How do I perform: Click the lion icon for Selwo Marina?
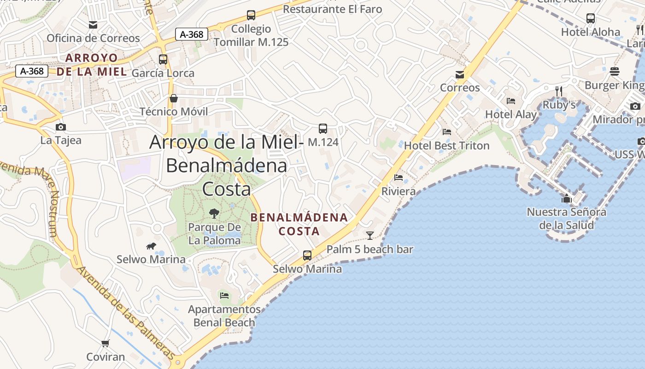[151, 246]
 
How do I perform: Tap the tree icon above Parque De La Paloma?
[214, 213]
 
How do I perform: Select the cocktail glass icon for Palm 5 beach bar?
[370, 236]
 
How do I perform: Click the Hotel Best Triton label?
[446, 146]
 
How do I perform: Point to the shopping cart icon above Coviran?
[106, 343]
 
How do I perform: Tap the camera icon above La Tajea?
[60, 127]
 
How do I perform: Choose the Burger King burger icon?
[615, 71]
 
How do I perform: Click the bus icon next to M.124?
[323, 129]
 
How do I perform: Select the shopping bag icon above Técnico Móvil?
[174, 98]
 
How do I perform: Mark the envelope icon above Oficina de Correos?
[93, 24]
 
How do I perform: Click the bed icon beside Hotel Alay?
[511, 101]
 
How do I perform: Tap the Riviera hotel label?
[399, 191]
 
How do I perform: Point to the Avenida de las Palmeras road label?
[125, 313]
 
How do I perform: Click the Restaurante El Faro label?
[332, 9]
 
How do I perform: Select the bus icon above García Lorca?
[163, 59]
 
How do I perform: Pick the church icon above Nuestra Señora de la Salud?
[566, 199]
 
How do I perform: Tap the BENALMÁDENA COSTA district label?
[299, 224]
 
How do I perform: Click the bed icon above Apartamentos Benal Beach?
[224, 295]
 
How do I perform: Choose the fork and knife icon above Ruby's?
[559, 91]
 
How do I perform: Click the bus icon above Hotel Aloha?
[591, 18]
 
